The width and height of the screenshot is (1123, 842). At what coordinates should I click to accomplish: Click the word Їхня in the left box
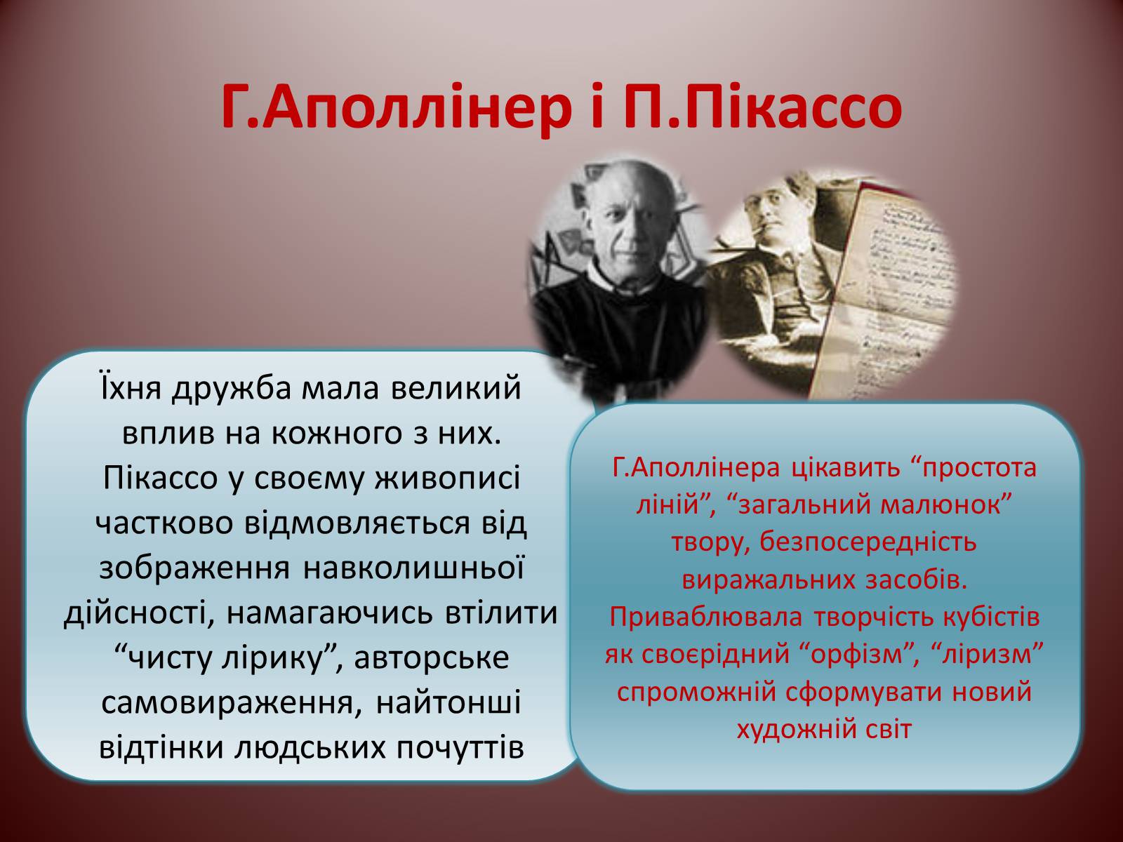pos(129,388)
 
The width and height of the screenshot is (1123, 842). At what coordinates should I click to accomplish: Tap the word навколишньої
pos(414,568)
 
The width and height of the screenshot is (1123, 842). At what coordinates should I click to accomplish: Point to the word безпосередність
pos(868,543)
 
